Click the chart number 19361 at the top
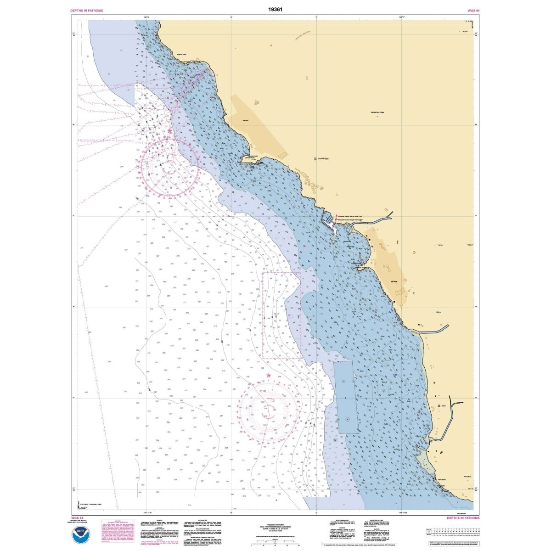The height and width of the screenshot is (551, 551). [275, 9]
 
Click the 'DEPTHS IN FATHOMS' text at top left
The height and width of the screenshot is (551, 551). [86, 10]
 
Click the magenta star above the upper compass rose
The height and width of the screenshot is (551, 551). [170, 131]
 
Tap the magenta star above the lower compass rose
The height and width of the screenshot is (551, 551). [269, 375]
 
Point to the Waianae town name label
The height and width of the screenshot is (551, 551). [394, 281]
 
